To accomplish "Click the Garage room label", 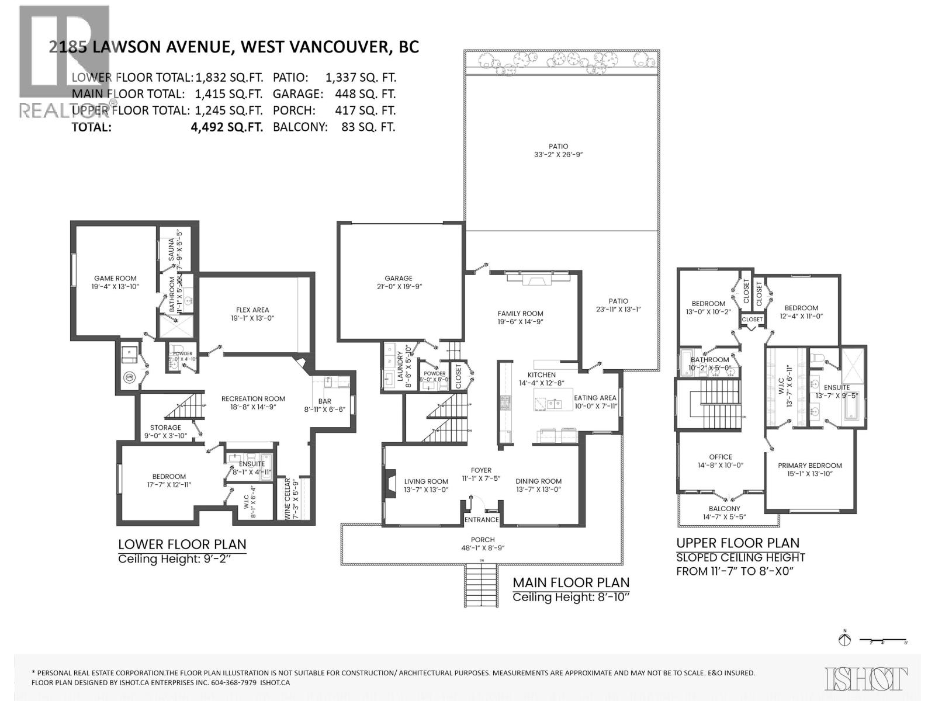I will pyautogui.click(x=398, y=279).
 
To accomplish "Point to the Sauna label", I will pyautogui.click(x=171, y=249).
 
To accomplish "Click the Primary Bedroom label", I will pyautogui.click(x=809, y=466).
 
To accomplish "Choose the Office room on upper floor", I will pyautogui.click(x=721, y=457).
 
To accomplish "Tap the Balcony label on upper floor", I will pyautogui.click(x=724, y=509).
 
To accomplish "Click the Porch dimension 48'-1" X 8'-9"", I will pyautogui.click(x=483, y=548).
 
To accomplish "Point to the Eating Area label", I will pyautogui.click(x=595, y=398).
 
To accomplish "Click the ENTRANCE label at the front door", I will pyautogui.click(x=482, y=520).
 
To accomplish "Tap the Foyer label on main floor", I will pyautogui.click(x=482, y=470).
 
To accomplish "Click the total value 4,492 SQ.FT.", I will pyautogui.click(x=227, y=127).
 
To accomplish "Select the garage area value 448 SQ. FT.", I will pyautogui.click(x=365, y=93).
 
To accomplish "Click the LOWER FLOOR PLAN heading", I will pyautogui.click(x=182, y=544).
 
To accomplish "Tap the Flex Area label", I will pyautogui.click(x=252, y=310).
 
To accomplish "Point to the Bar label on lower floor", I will pyautogui.click(x=324, y=401).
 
